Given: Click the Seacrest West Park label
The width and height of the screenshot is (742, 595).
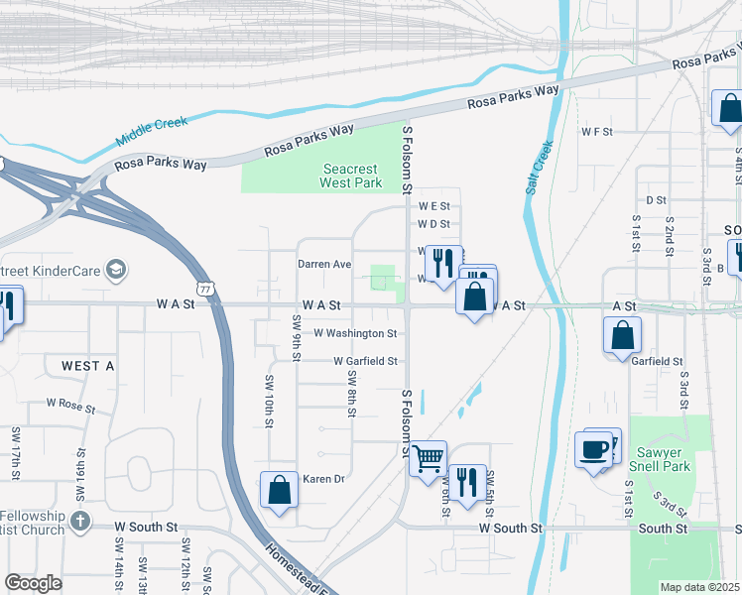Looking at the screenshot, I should (x=351, y=177).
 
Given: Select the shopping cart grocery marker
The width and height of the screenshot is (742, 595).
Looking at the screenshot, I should (x=428, y=459).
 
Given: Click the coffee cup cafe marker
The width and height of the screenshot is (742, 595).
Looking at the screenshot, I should (x=594, y=450).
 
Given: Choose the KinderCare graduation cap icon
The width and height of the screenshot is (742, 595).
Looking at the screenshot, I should (x=116, y=269).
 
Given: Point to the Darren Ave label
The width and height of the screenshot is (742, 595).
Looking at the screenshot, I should (x=325, y=265).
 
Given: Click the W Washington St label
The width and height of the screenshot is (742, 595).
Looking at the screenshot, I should (x=355, y=334).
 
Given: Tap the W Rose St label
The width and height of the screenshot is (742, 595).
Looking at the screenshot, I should (x=70, y=406).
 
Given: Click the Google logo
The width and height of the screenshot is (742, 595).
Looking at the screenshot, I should (x=33, y=583).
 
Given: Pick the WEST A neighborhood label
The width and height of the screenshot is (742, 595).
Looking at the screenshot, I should (x=88, y=366).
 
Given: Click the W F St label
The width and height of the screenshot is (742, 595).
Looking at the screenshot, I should (x=598, y=131).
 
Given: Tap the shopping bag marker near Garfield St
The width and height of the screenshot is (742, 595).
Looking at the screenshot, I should (x=622, y=335).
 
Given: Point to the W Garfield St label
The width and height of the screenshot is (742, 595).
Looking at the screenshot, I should (x=365, y=362).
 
